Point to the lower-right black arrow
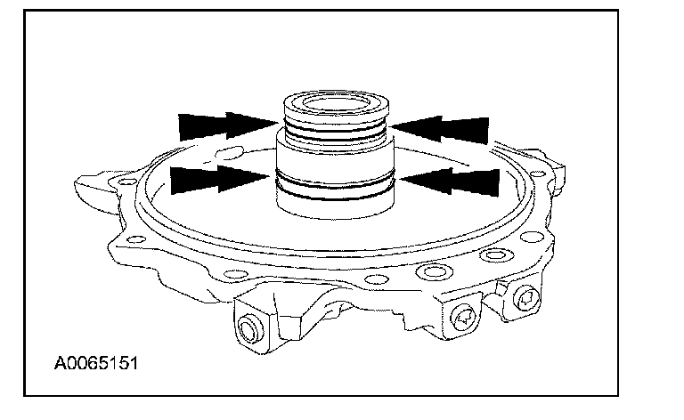pyautogui.click(x=449, y=181)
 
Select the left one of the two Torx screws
pyautogui.click(x=465, y=312)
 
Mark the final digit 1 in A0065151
pyautogui.click(x=133, y=364)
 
